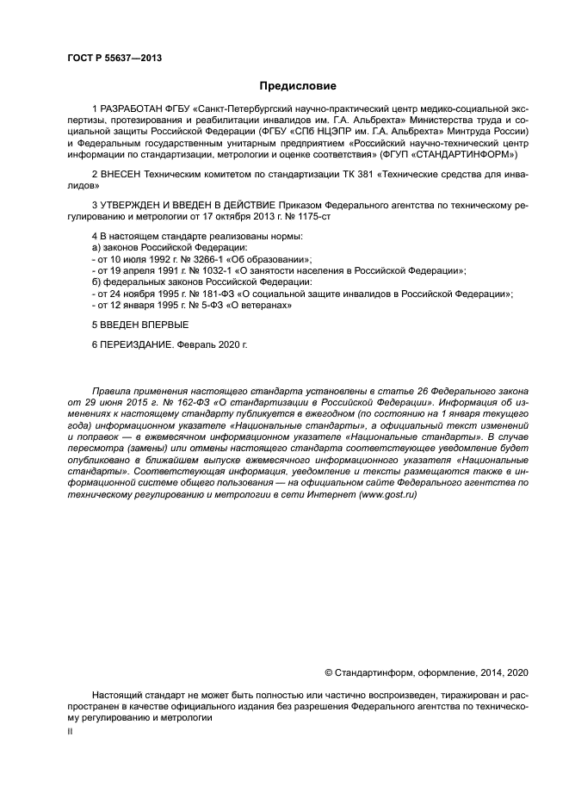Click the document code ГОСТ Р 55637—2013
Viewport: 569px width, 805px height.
114,58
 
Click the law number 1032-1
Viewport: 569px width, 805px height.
207,270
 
